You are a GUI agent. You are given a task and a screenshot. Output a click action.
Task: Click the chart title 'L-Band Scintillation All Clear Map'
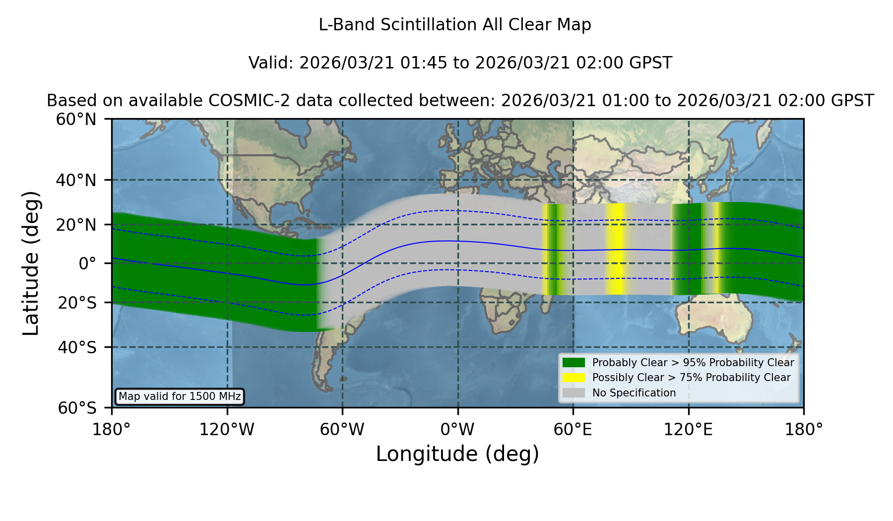[x=454, y=25]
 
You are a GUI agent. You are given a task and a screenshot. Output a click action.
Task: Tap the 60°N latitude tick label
[x=76, y=120]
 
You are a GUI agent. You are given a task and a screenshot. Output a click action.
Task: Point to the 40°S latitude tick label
[x=77, y=347]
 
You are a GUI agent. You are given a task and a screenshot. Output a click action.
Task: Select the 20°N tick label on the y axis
[x=76, y=225]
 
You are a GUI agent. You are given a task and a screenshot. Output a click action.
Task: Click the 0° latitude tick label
[x=87, y=263]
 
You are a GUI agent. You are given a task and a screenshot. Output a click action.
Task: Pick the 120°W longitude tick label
[x=227, y=429]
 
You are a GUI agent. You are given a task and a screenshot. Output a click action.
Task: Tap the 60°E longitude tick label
[x=573, y=429]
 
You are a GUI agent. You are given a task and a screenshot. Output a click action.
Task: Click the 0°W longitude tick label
[x=457, y=429]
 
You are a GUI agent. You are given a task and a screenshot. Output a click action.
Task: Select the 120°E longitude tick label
[x=688, y=429]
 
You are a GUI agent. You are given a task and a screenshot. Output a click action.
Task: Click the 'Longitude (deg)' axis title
[x=457, y=454]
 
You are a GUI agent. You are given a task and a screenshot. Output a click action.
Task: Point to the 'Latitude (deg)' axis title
[x=31, y=263]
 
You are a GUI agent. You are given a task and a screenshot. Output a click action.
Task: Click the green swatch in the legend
[x=574, y=362]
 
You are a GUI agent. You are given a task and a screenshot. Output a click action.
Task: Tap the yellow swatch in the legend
[x=574, y=378]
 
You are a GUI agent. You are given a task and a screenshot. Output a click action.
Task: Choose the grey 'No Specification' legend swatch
[x=574, y=393]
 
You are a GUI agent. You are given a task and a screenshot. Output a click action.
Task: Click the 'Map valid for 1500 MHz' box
[x=180, y=396]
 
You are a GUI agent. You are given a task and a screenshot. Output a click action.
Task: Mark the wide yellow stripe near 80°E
[x=615, y=249]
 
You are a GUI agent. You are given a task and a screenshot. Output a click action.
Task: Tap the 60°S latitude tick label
[x=77, y=408]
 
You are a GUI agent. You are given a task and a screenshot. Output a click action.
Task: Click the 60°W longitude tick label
[x=342, y=429]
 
